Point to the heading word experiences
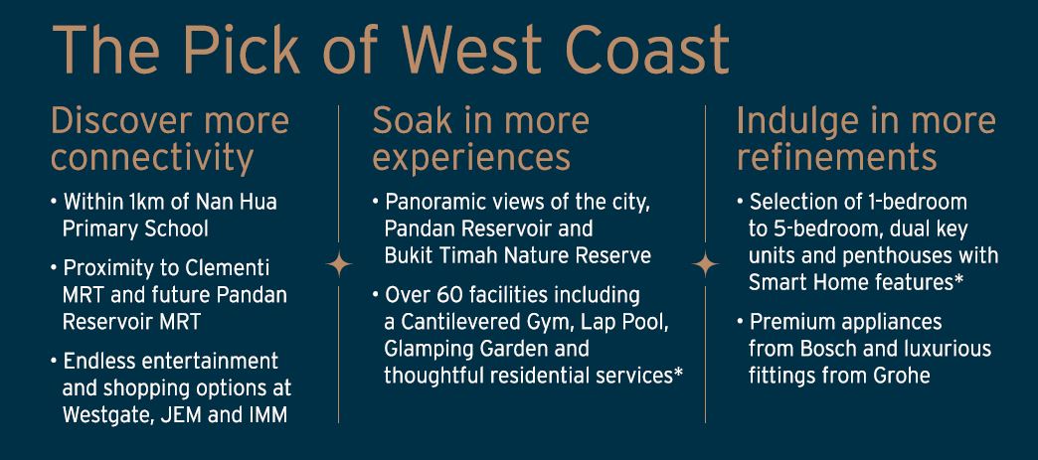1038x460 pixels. pyautogui.click(x=471, y=159)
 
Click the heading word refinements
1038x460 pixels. pyautogui.click(x=837, y=158)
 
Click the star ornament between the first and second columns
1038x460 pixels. pyautogui.click(x=339, y=264)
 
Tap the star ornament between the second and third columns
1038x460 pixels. pyautogui.click(x=705, y=264)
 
